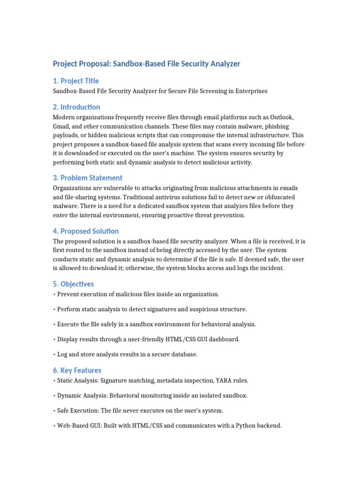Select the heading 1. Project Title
(75, 81)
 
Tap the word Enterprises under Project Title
(250, 91)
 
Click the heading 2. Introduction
(76, 107)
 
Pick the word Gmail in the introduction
(62, 127)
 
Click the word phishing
(276, 127)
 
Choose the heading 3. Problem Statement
(88, 178)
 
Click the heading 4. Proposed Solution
(86, 231)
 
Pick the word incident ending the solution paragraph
(270, 268)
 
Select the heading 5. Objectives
(73, 284)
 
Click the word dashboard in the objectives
(224, 339)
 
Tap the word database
(183, 354)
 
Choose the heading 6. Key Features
(77, 370)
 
